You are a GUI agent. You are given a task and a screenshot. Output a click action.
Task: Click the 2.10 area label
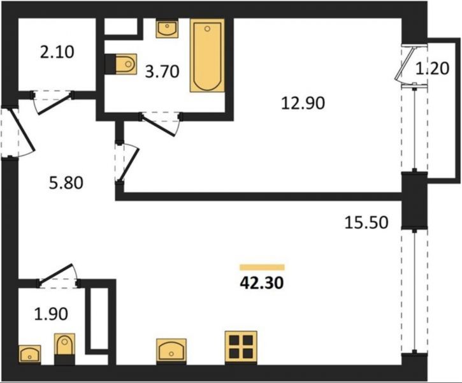(x=57, y=52)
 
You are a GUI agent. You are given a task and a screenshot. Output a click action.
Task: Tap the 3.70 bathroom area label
(x=162, y=71)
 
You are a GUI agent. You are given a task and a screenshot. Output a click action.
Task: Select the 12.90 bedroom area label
(x=303, y=103)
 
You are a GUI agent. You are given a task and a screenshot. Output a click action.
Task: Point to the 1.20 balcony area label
(x=432, y=68)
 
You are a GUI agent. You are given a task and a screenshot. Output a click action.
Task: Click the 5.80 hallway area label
(x=66, y=183)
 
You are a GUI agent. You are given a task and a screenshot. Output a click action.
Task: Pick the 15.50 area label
(x=366, y=222)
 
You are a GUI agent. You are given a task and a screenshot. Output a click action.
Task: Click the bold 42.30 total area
(x=262, y=283)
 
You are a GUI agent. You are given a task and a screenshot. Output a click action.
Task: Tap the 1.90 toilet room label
(x=51, y=314)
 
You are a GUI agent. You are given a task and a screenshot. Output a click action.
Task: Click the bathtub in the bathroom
(x=208, y=55)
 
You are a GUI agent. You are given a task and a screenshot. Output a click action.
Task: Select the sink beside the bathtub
(x=167, y=29)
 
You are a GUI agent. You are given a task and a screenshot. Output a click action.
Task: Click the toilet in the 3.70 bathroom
(x=121, y=64)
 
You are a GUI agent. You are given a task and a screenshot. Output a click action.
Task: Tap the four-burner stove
(x=241, y=347)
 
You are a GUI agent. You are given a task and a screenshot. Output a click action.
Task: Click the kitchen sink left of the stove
(x=171, y=350)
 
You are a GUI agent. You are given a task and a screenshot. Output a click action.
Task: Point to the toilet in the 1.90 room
(x=64, y=349)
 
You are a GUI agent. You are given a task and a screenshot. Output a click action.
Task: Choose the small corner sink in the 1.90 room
(x=30, y=354)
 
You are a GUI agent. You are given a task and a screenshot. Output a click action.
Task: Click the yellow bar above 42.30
(x=262, y=267)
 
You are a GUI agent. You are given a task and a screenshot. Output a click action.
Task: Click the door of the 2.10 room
(x=52, y=101)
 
